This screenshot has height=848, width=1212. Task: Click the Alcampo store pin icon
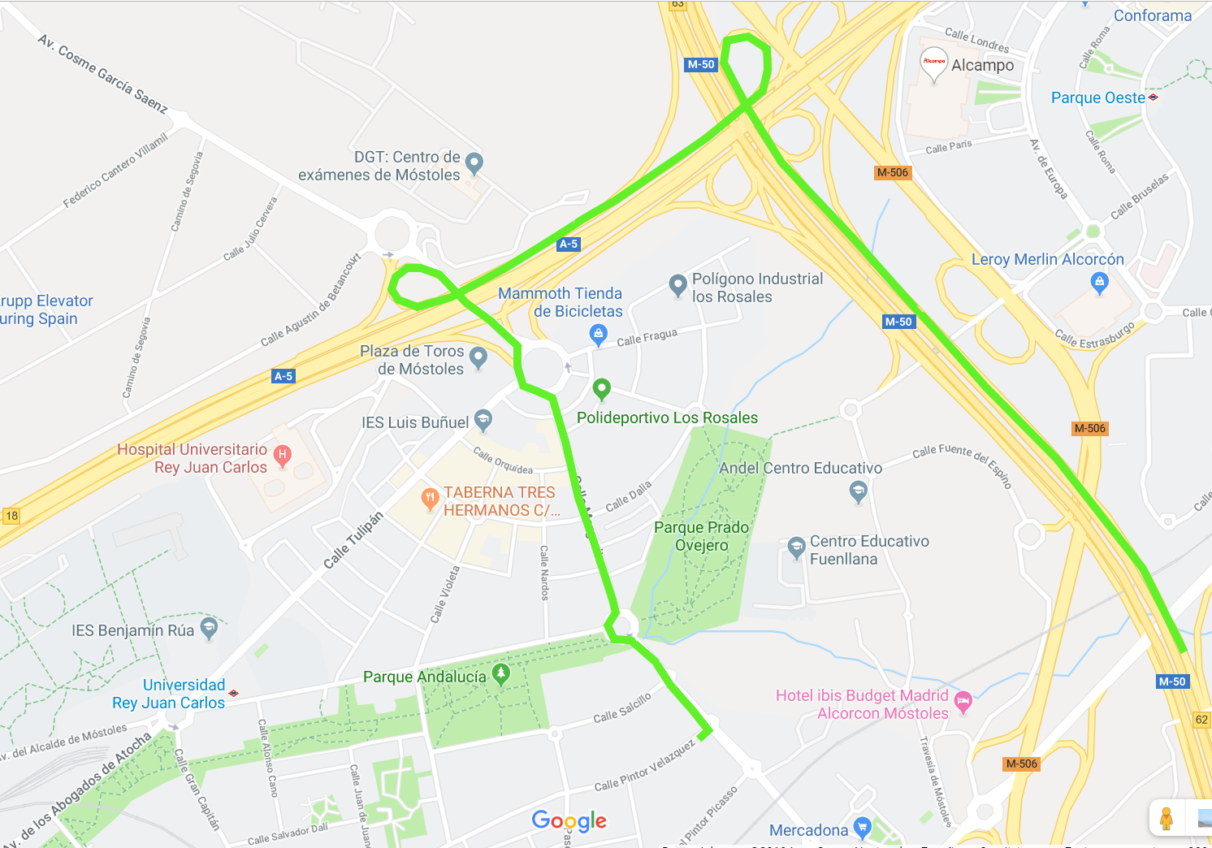tap(933, 62)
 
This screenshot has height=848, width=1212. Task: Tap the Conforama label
tap(1152, 15)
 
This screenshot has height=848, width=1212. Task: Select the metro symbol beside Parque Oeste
tap(1154, 97)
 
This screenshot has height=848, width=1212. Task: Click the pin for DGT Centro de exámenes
tap(474, 162)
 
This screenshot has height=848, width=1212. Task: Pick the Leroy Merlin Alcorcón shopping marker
tap(1099, 282)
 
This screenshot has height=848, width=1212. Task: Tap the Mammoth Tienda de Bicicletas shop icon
tap(599, 333)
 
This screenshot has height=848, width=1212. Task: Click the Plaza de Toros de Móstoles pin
tap(478, 356)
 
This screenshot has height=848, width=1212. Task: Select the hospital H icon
tap(283, 455)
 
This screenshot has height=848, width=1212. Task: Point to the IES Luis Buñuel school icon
tap(483, 418)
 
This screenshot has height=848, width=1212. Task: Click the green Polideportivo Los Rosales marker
tap(601, 388)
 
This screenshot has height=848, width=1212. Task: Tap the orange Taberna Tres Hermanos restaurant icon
tap(430, 498)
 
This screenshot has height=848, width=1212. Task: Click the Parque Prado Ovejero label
tap(701, 536)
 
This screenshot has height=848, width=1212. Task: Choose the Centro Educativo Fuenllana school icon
tap(796, 547)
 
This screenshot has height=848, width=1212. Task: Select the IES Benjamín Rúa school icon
tap(209, 627)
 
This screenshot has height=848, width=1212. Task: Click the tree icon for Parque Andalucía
tap(501, 673)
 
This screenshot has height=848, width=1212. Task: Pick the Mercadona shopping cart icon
tap(863, 827)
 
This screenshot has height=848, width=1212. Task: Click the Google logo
tap(569, 820)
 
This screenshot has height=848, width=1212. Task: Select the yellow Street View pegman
tap(1167, 818)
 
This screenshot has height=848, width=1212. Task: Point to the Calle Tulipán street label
tap(353, 540)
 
